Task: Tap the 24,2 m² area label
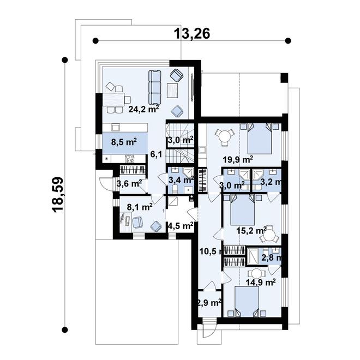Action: coord(143,109)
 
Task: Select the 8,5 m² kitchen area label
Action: coord(124,142)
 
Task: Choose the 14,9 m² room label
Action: coord(260,282)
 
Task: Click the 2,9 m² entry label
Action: coord(209,302)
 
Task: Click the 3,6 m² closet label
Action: coord(129,183)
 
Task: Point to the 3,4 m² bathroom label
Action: coord(181,179)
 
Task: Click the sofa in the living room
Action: coord(154,87)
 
